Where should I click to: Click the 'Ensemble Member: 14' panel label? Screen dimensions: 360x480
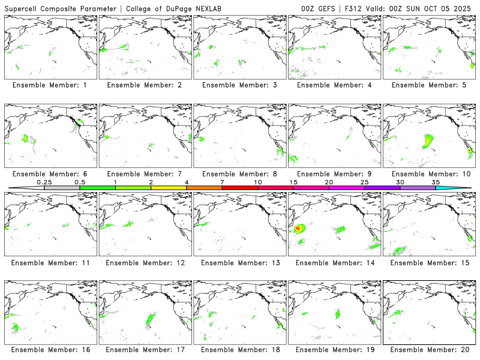pyautogui.click(x=334, y=262)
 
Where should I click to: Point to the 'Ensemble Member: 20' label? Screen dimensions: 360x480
pyautogui.click(x=428, y=350)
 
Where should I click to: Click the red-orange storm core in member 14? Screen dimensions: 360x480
pyautogui.click(x=298, y=229)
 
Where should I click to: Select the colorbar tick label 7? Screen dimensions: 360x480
pyautogui.click(x=222, y=182)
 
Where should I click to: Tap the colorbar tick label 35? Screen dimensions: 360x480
pyautogui.click(x=435, y=182)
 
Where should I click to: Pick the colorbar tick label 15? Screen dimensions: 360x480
pyautogui.click(x=293, y=182)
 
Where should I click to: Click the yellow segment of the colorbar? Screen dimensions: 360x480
pyautogui.click(x=169, y=188)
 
